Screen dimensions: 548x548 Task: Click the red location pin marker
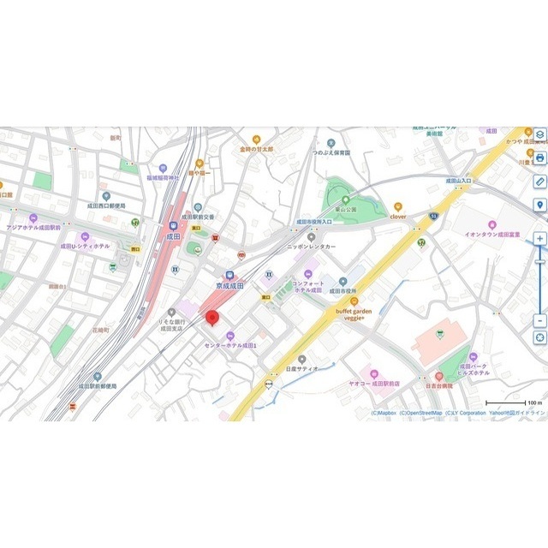click(213, 318)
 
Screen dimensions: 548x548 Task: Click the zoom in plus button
click(539, 238)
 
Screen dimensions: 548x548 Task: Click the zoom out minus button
click(539, 320)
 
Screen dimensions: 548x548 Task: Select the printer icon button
click(539, 158)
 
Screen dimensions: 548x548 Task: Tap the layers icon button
click(539, 135)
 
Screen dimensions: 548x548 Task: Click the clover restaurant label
click(398, 217)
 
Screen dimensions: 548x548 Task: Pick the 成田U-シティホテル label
click(85, 246)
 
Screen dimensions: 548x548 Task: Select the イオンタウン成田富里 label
click(492, 233)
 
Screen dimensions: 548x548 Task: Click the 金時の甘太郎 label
click(256, 149)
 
